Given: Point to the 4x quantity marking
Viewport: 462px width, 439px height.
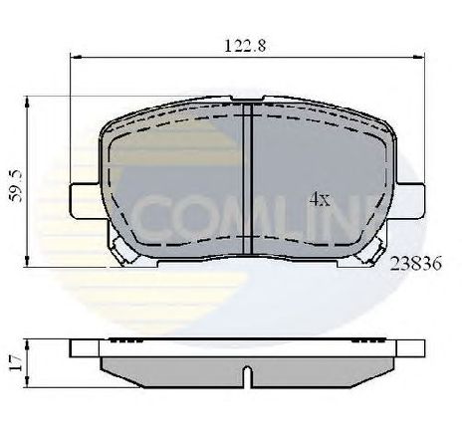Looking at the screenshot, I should click(320, 198).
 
